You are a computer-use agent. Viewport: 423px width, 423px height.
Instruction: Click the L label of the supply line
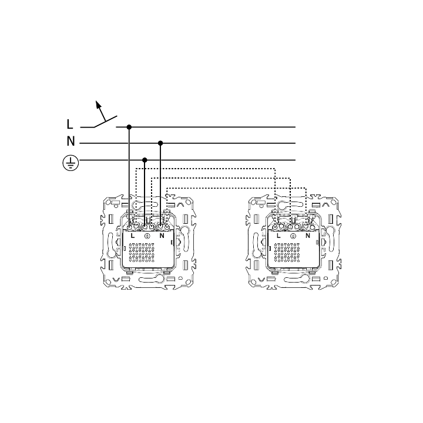(69, 124)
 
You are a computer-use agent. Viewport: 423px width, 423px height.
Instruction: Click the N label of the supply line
(70, 141)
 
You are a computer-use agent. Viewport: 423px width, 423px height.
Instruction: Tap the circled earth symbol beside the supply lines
(70, 163)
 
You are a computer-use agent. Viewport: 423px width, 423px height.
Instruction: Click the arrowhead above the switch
(99, 105)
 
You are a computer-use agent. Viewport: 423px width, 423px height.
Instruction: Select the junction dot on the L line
(129, 127)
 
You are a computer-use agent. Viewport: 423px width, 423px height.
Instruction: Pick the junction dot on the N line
(160, 143)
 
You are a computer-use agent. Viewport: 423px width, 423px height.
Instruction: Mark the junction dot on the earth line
(145, 160)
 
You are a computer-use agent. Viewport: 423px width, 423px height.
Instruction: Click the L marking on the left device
(132, 236)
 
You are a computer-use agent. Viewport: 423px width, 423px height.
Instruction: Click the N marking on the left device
(162, 236)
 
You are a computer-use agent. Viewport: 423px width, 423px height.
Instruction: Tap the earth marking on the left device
(147, 236)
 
